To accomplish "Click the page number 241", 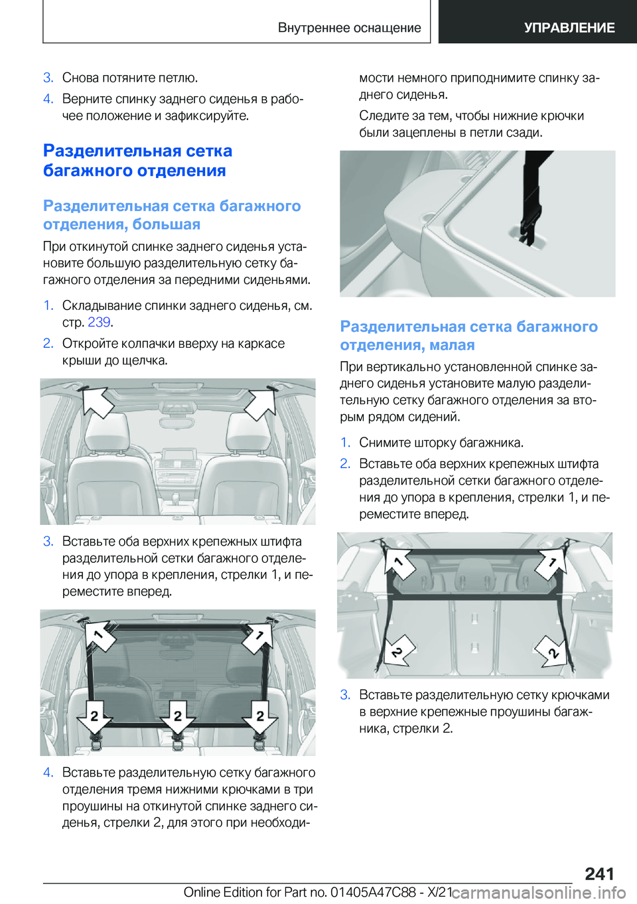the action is pos(599,873).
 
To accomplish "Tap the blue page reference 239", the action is pos(99,322).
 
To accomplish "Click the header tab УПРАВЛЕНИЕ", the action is pos(569,27).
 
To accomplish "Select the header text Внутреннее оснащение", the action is pos(350,27).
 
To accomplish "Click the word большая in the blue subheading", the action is pos(166,224).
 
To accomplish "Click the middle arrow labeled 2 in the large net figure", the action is pos(178,716).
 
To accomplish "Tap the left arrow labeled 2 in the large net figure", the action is pos(94,716).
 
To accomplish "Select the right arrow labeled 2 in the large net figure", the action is pos(260,716).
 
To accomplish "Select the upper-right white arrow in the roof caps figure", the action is pos(260,403).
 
